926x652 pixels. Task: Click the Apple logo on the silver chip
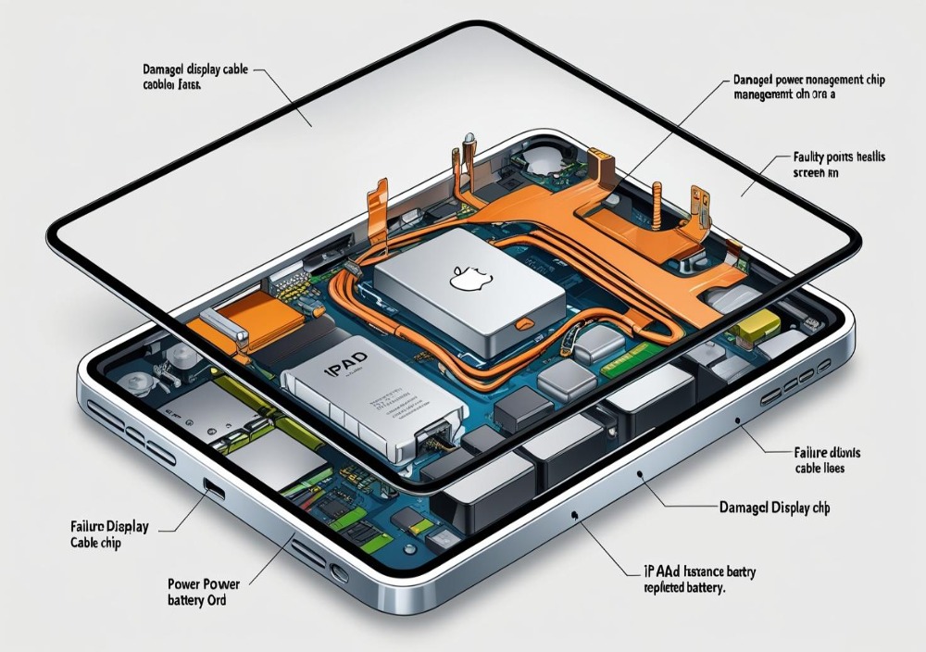click(460, 277)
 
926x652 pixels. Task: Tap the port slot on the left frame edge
click(214, 489)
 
